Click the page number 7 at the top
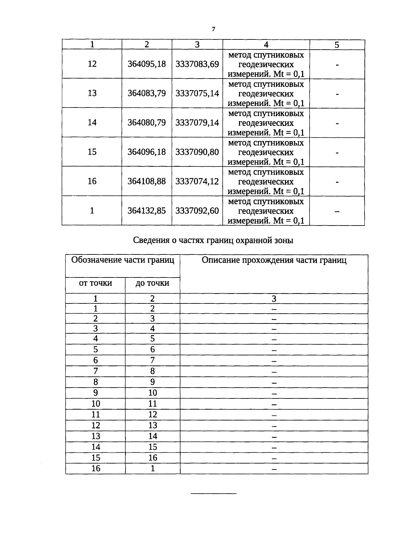(213, 30)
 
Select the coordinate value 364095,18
(147, 64)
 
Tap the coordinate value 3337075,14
(197, 93)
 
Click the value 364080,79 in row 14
(147, 123)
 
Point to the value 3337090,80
(197, 152)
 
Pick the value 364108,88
(147, 181)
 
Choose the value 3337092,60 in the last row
(197, 210)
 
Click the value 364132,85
(147, 210)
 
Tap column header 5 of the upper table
(337, 45)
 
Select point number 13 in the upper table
(92, 93)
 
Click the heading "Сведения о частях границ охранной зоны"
(213, 241)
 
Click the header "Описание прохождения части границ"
(274, 260)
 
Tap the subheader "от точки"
(96, 283)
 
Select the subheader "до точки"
(152, 283)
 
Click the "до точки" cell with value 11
(153, 404)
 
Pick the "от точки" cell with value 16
(96, 468)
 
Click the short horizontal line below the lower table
(214, 493)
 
